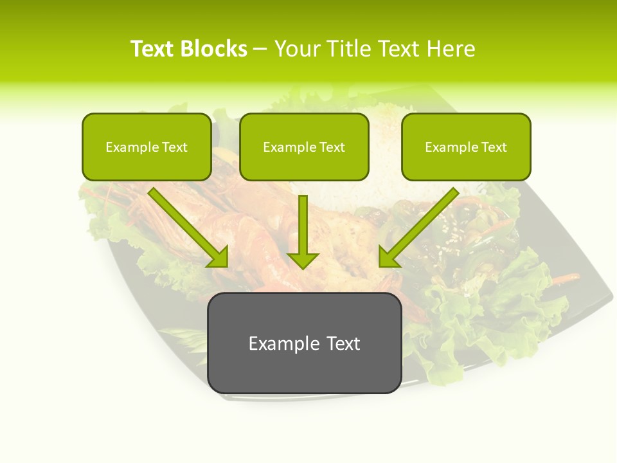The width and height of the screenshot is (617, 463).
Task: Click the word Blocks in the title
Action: [213, 49]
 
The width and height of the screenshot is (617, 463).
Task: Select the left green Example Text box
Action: [147, 147]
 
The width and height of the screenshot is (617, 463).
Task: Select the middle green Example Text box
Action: [304, 147]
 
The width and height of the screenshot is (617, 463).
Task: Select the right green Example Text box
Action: [466, 147]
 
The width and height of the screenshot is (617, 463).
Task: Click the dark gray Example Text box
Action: [304, 343]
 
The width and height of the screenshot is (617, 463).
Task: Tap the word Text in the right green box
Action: [494, 147]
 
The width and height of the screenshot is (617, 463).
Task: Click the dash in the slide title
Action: [260, 49]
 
